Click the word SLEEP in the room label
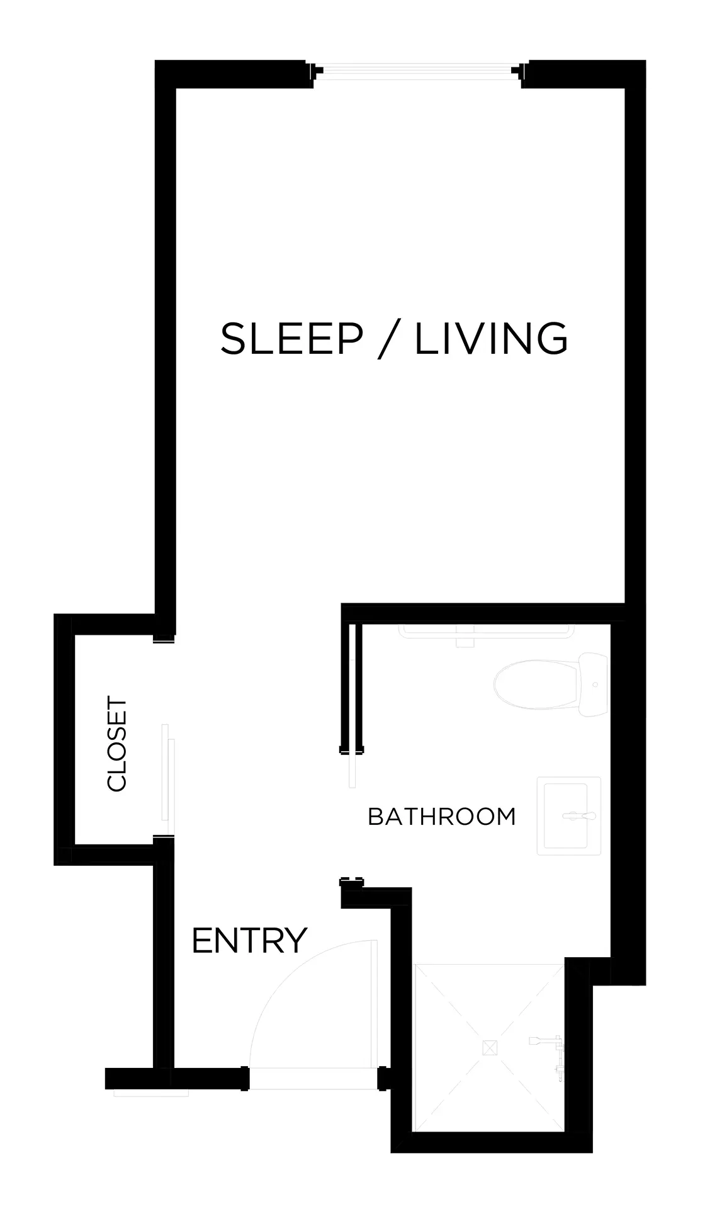click(x=291, y=338)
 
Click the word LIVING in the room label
click(x=491, y=338)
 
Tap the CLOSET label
click(x=117, y=743)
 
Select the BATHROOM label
click(x=441, y=817)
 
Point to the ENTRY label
click(x=249, y=940)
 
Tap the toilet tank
click(x=594, y=686)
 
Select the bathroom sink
click(x=569, y=816)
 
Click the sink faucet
click(x=580, y=816)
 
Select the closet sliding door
click(x=168, y=781)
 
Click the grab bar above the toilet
click(x=487, y=629)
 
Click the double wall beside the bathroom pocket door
click(x=352, y=686)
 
